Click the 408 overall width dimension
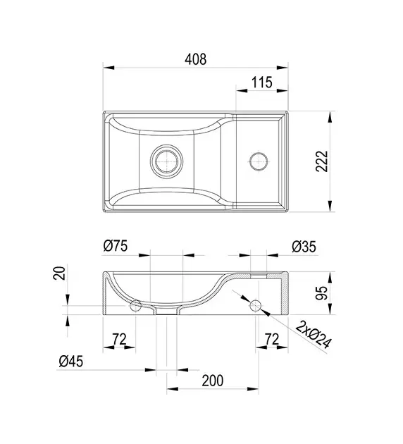point(196,59)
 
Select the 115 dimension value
point(262,82)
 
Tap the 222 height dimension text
point(322,161)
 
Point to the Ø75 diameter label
point(116,246)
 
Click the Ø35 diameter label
point(304,247)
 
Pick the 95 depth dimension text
point(322,293)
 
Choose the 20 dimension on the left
point(59,273)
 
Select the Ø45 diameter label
point(71,362)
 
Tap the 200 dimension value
point(213,381)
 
